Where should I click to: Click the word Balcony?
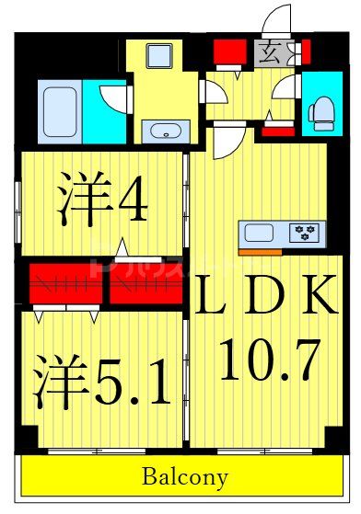184,478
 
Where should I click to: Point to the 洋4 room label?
101,200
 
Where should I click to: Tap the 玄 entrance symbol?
271,52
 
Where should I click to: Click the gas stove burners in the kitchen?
303,233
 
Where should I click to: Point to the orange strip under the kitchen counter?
260,250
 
